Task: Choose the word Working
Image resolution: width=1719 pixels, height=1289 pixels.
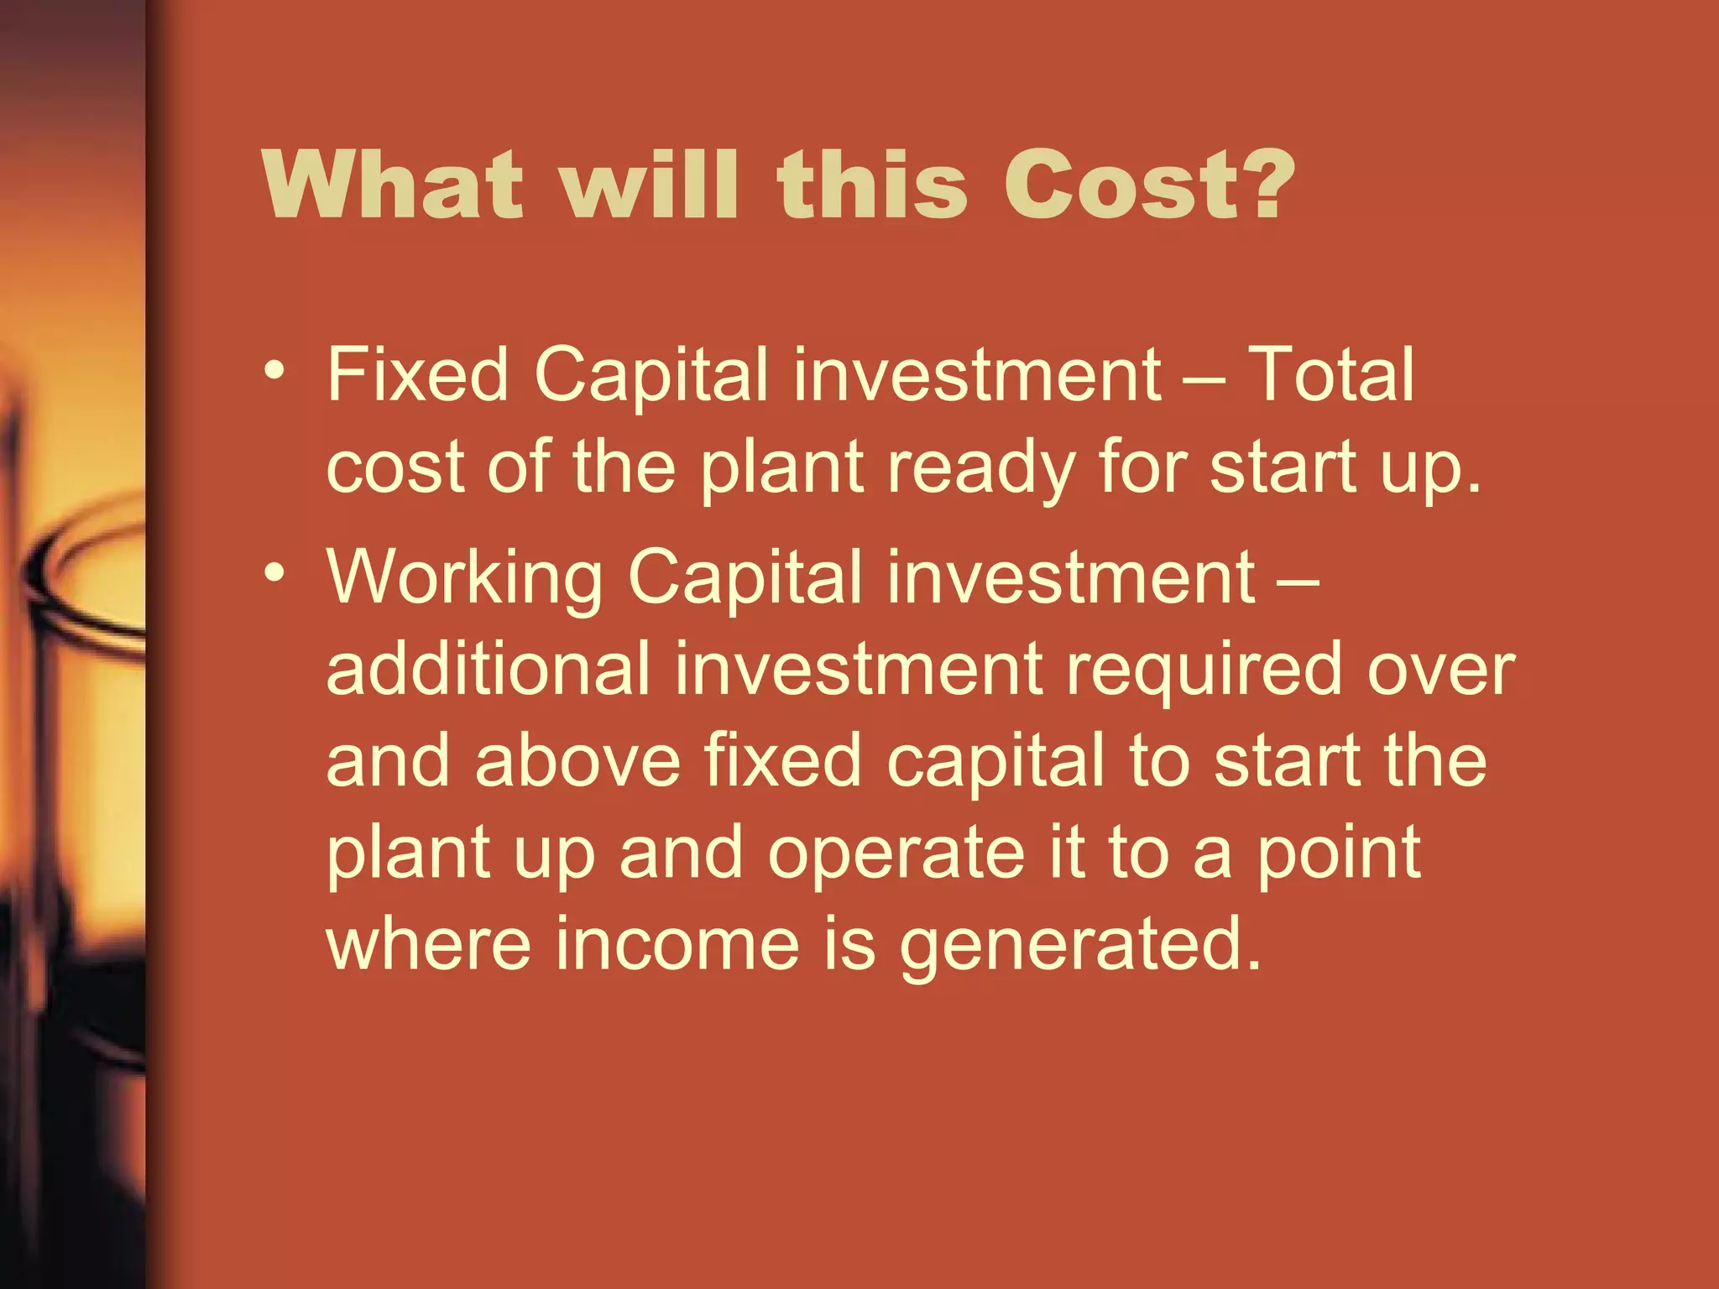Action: tap(464, 579)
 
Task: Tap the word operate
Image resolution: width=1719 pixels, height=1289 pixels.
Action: tap(896, 854)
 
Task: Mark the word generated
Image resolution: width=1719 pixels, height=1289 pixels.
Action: tap(1080, 947)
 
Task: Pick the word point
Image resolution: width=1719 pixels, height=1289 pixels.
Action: tap(1339, 854)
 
